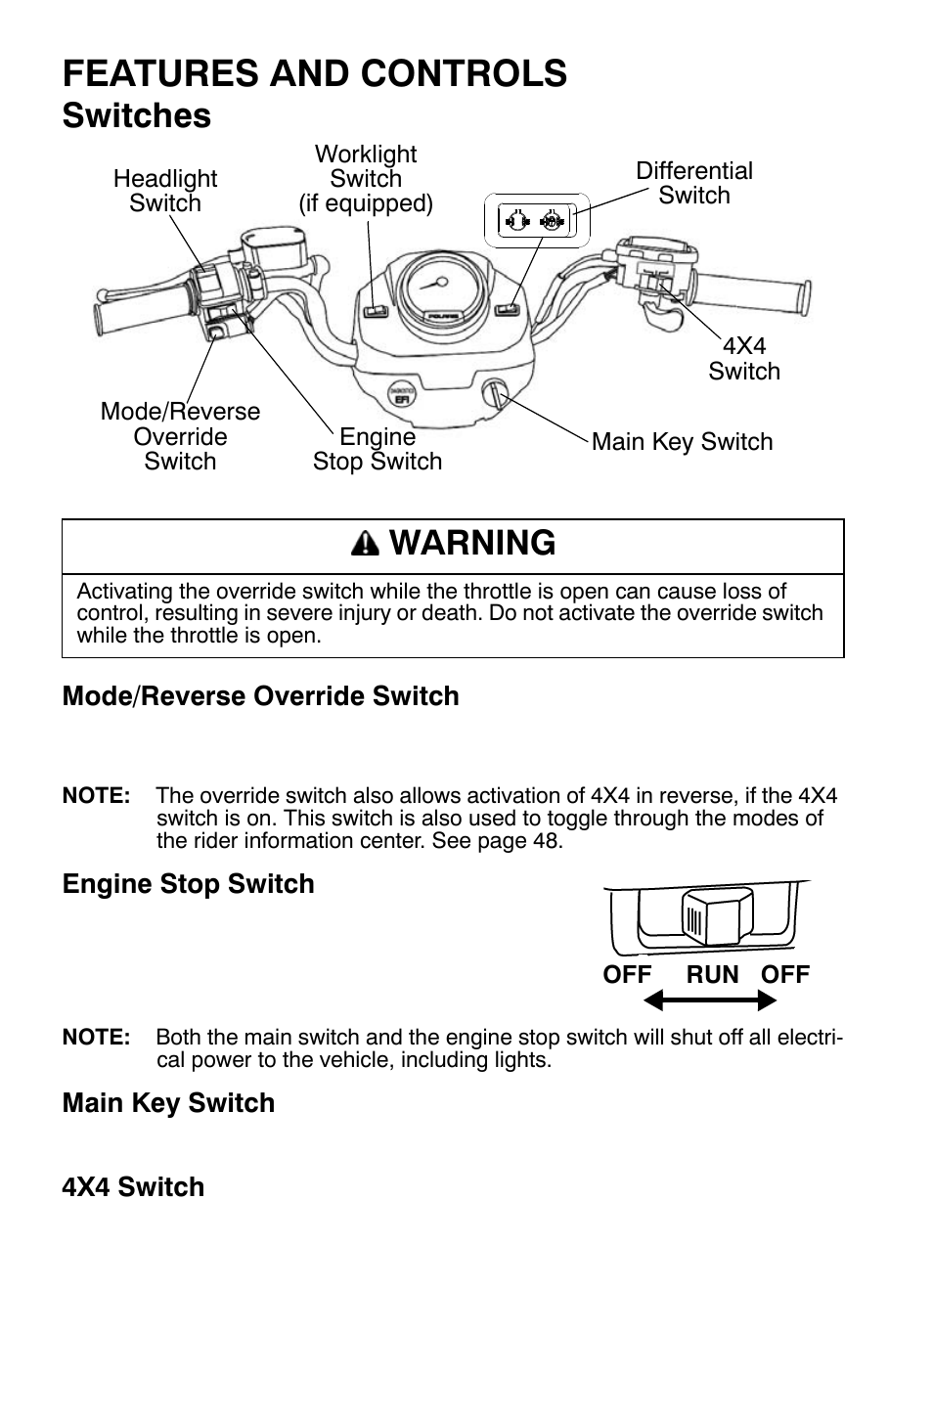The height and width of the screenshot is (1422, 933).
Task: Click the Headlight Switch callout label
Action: click(165, 191)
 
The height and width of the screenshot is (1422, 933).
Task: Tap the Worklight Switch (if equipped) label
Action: click(366, 179)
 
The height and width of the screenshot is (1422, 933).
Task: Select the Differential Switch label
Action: click(694, 183)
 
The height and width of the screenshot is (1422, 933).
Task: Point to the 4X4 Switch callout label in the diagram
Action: click(744, 359)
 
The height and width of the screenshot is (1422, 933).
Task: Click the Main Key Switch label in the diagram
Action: click(682, 442)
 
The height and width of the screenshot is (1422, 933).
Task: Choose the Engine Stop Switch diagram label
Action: click(378, 450)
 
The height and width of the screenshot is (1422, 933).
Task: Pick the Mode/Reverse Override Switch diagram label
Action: click(180, 436)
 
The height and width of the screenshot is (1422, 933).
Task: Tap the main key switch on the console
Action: click(495, 394)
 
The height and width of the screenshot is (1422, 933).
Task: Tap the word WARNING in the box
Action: click(472, 544)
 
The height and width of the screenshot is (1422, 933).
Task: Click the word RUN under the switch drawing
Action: click(712, 974)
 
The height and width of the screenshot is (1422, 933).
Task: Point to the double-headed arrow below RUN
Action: click(710, 1000)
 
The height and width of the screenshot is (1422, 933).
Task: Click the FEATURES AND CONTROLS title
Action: click(314, 73)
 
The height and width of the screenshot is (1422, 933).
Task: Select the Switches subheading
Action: click(136, 115)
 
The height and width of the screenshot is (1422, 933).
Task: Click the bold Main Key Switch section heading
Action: click(168, 1103)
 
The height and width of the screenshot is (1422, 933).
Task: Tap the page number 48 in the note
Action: click(546, 841)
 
